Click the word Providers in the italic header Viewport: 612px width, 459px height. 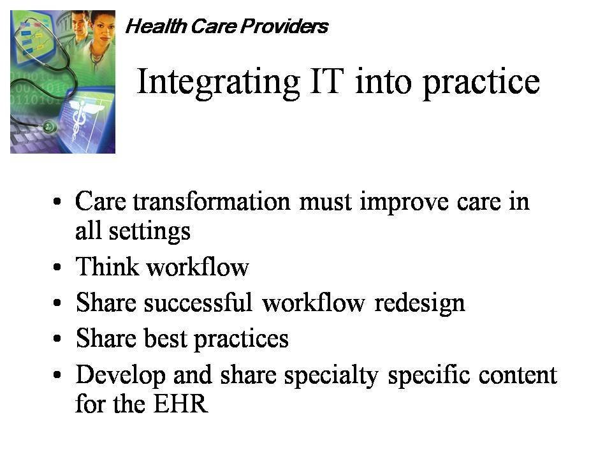pyautogui.click(x=284, y=26)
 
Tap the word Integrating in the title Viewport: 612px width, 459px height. pyautogui.click(x=219, y=83)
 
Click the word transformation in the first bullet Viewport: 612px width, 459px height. pyautogui.click(x=212, y=202)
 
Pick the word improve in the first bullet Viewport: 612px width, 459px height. pyautogui.click(x=404, y=203)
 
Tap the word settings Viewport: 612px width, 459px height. pyautogui.click(x=149, y=232)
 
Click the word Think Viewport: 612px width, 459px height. pyautogui.click(x=107, y=266)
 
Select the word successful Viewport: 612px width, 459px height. pyautogui.click(x=198, y=302)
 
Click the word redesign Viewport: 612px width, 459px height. pyautogui.click(x=419, y=303)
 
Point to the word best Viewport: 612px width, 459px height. pyautogui.click(x=166, y=338)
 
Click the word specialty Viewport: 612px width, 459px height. pyautogui.click(x=331, y=376)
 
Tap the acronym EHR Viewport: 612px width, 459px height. pyautogui.click(x=180, y=404)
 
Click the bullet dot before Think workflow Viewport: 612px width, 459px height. pyautogui.click(x=57, y=267)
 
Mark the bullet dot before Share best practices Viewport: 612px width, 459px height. pyautogui.click(x=57, y=339)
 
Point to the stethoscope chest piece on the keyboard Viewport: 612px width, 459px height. pyautogui.click(x=50, y=126)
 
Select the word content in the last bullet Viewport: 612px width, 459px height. pyautogui.click(x=518, y=375)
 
